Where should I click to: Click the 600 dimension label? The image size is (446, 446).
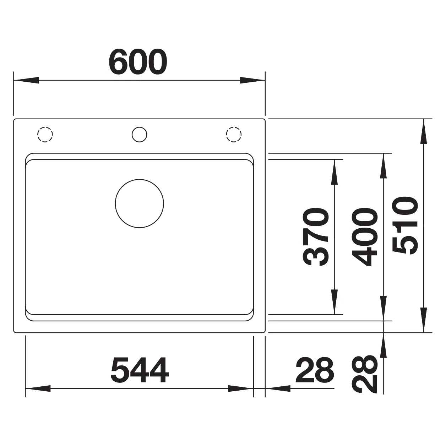[x=138, y=61]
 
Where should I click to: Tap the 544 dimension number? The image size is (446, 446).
[x=140, y=370]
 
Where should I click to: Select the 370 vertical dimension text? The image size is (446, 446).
[x=315, y=237]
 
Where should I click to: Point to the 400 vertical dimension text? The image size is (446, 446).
[x=365, y=236]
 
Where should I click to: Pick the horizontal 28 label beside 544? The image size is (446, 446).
[x=315, y=370]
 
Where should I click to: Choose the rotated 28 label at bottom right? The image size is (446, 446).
[x=365, y=374]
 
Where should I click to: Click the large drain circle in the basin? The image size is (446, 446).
[x=139, y=203]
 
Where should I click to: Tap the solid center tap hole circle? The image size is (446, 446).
[x=139, y=135]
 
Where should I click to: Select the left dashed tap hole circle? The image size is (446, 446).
[x=45, y=135]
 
